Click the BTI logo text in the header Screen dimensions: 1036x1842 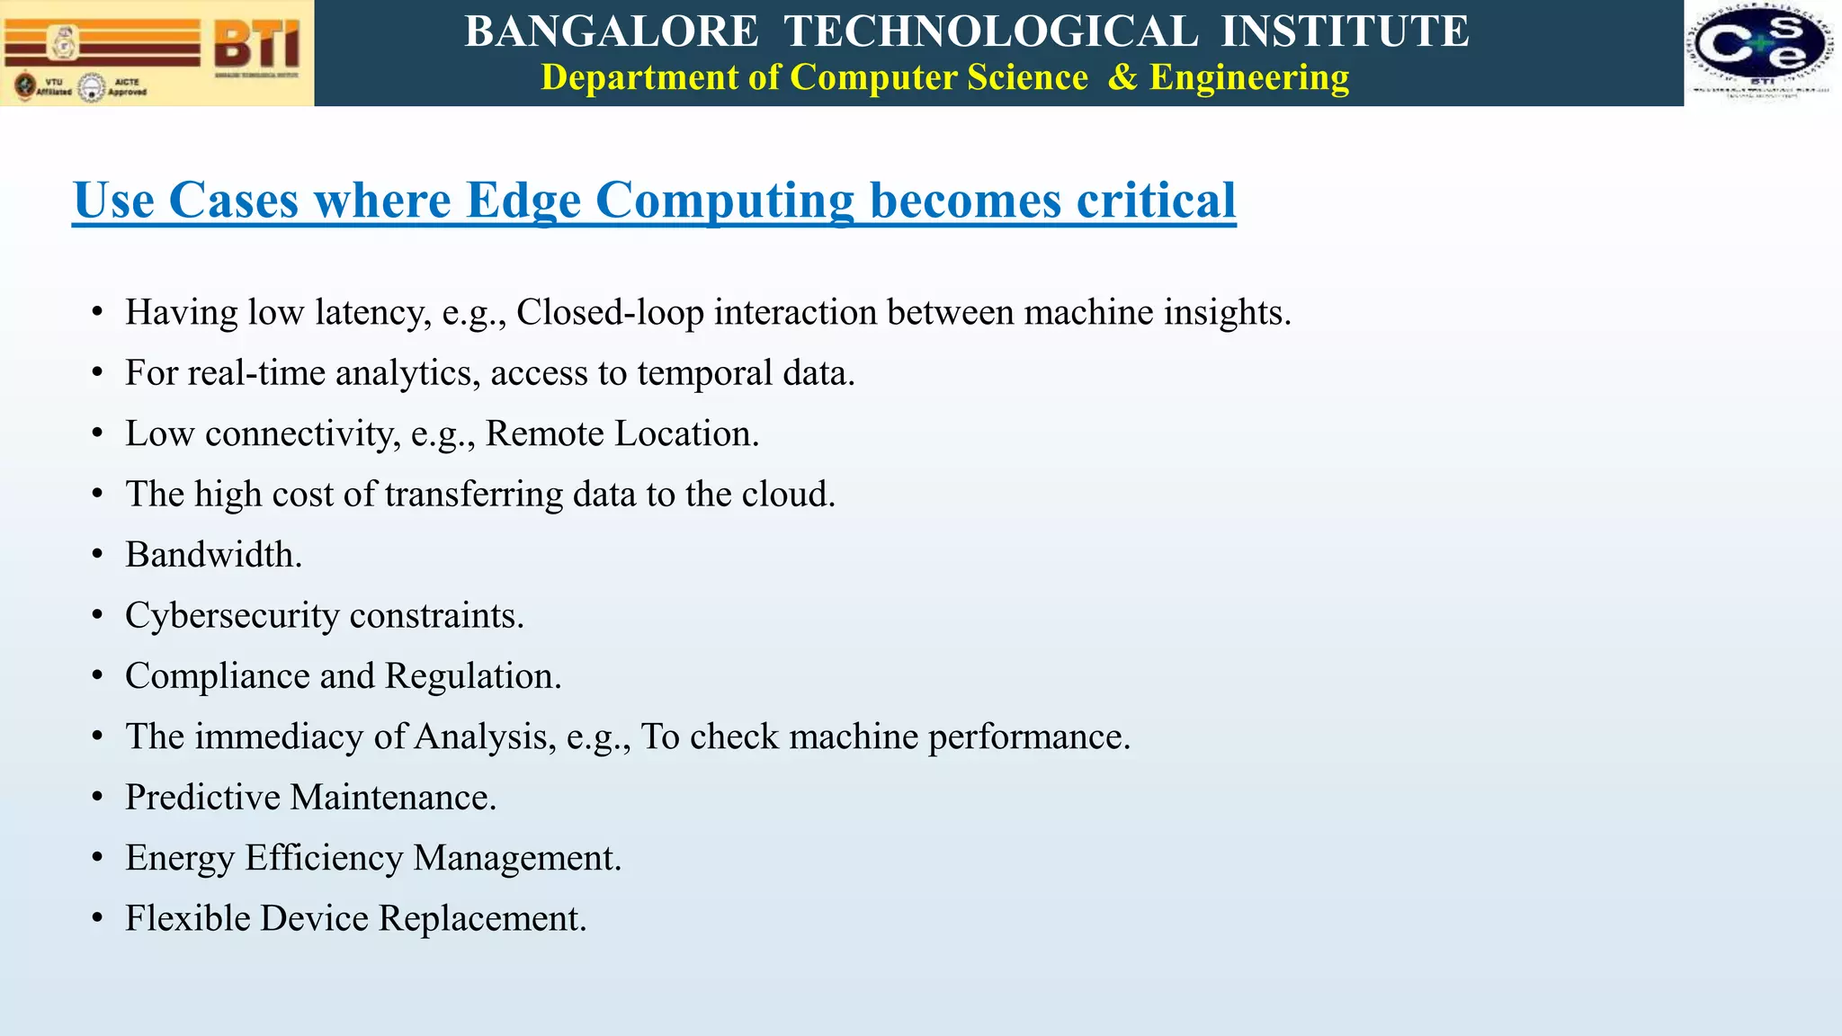coord(257,44)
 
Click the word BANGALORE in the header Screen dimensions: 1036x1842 coord(612,31)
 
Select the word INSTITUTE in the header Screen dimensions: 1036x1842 coord(1345,31)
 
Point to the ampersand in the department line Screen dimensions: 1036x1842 coord(1122,77)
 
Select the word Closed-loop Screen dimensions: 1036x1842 coord(610,312)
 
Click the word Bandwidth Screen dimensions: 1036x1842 coord(213,555)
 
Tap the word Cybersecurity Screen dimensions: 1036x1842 coord(232,616)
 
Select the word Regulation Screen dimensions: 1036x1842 coord(472,676)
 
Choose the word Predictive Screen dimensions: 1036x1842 coord(202,798)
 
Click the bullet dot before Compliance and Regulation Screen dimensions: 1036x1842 coord(97,676)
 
